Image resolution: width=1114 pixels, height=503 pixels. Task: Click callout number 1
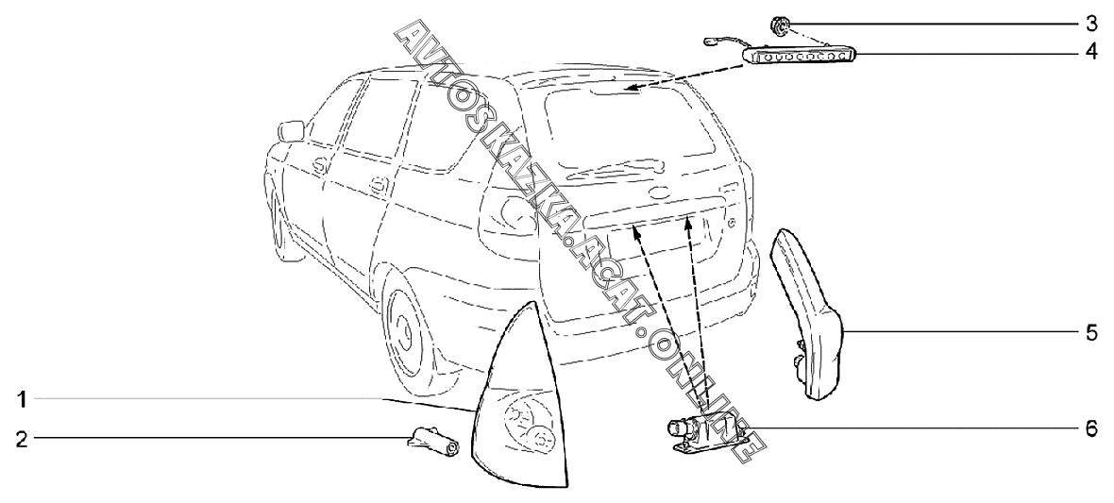coord(22,399)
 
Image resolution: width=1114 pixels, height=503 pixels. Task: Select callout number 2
coord(22,438)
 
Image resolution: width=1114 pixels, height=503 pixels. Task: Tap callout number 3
coord(1090,20)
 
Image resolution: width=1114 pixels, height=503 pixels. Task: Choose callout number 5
coord(1090,333)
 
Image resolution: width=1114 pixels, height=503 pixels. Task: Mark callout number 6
coord(1090,428)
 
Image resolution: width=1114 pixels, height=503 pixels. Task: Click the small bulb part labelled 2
coord(433,441)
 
